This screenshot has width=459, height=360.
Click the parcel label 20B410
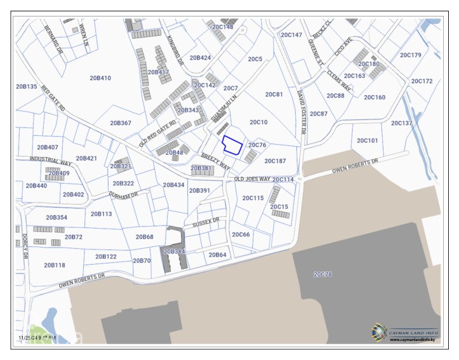[x=100, y=78]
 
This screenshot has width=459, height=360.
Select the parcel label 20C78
[x=323, y=274]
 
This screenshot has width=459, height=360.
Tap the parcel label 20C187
[x=275, y=161]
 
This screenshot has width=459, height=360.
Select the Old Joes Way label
[x=252, y=179]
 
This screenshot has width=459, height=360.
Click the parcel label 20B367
[x=121, y=123]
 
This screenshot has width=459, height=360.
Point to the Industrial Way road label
[x=53, y=161]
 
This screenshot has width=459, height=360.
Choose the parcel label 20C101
[x=367, y=140]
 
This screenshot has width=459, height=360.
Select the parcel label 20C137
[x=401, y=123]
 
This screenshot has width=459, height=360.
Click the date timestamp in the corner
[x=37, y=337]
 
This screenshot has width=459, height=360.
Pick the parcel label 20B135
[x=27, y=86]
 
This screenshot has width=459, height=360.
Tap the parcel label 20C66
[x=241, y=234]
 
